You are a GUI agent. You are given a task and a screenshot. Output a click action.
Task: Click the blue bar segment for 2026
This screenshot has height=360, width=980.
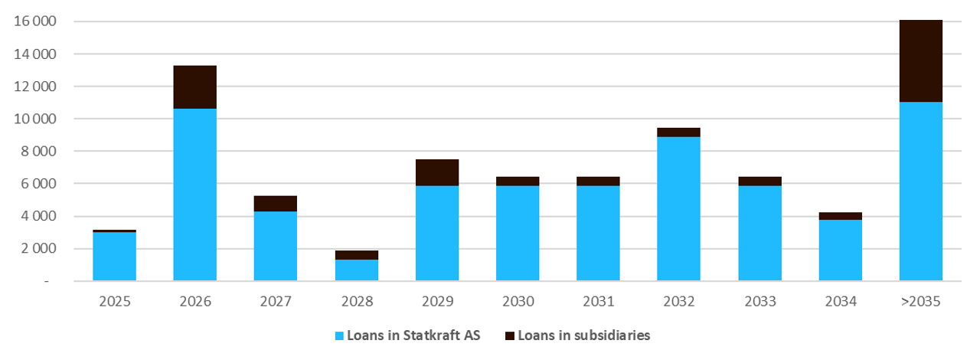click(194, 195)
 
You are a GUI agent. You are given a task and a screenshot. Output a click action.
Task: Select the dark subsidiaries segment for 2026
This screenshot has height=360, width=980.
click(194, 87)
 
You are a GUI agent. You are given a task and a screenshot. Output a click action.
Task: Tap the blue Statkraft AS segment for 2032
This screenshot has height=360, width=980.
click(678, 208)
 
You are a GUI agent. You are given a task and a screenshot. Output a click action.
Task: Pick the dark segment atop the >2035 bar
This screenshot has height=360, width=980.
click(920, 61)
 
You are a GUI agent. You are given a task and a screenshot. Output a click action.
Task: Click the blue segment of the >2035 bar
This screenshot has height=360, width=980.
click(920, 191)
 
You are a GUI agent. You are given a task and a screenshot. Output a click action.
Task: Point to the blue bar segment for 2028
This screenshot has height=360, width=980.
click(356, 270)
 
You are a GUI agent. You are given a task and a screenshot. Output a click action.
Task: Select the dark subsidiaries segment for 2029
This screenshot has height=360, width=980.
click(436, 173)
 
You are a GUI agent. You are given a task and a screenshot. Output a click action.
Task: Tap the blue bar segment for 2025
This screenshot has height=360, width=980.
click(114, 257)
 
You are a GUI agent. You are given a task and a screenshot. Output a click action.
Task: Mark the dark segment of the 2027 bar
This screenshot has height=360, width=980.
click(275, 204)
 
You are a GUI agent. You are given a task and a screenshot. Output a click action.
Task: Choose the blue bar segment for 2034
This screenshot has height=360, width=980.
click(840, 250)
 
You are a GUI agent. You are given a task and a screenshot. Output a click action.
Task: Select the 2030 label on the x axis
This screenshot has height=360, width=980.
click(518, 302)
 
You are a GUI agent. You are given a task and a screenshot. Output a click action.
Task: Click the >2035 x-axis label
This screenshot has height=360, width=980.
click(920, 302)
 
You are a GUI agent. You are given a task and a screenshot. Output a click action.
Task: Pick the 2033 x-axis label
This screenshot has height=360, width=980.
click(759, 302)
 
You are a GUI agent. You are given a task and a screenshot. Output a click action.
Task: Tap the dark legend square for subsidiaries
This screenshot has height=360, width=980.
click(510, 335)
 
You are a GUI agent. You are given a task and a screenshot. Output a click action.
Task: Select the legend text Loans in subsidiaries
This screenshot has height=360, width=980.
click(583, 335)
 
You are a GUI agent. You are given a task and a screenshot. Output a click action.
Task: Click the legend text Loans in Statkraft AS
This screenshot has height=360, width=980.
click(413, 335)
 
